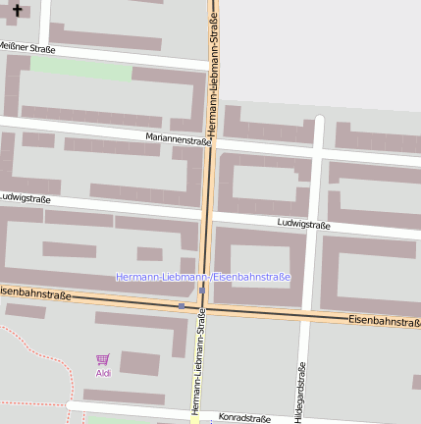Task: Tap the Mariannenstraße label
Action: [179, 139]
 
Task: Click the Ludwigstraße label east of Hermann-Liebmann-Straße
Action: [303, 224]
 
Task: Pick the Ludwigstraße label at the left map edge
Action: [26, 197]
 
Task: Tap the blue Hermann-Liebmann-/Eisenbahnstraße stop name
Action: [203, 277]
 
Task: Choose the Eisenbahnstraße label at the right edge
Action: [384, 320]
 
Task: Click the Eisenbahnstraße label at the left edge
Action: [35, 293]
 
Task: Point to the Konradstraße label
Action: [244, 418]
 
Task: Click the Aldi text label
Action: [103, 373]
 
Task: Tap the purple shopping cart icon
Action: [103, 360]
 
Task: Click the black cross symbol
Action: [17, 10]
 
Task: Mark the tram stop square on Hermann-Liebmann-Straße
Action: [202, 291]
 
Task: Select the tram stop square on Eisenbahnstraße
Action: [181, 306]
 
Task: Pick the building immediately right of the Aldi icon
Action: [138, 362]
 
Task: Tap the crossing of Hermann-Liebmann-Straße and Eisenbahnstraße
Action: [203, 308]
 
